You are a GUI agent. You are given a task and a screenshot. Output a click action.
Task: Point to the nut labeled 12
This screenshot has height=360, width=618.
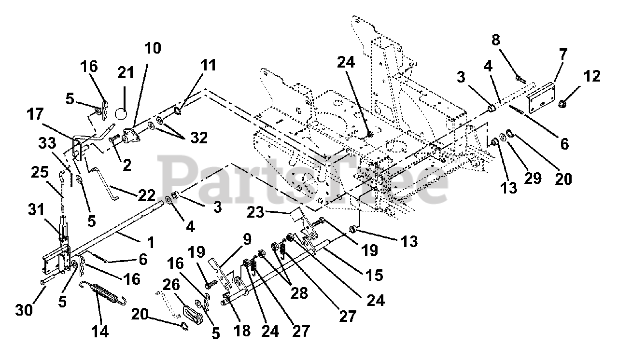pyautogui.click(x=563, y=103)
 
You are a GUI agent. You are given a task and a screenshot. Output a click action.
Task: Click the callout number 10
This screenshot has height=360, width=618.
pyautogui.click(x=152, y=49)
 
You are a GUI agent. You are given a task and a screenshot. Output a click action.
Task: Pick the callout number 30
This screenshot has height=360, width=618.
pyautogui.click(x=24, y=309)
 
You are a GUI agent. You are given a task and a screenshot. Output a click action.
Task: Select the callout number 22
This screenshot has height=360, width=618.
pyautogui.click(x=147, y=195)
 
